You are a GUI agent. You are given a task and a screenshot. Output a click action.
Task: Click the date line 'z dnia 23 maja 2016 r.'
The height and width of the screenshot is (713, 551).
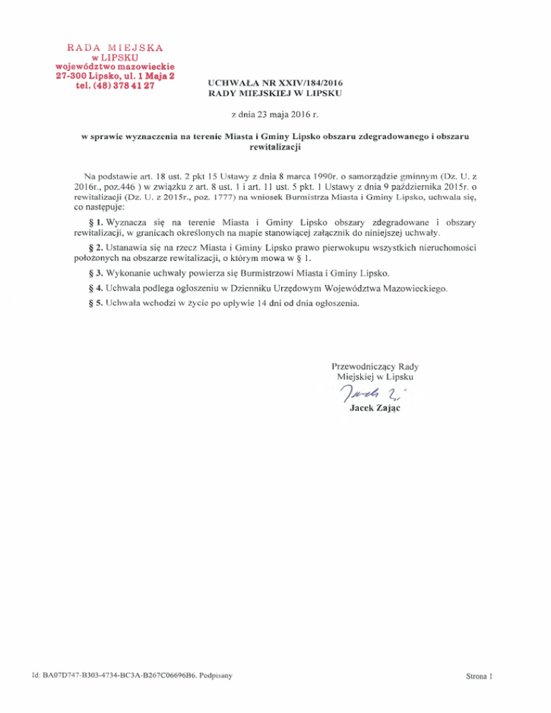[x=275, y=114]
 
